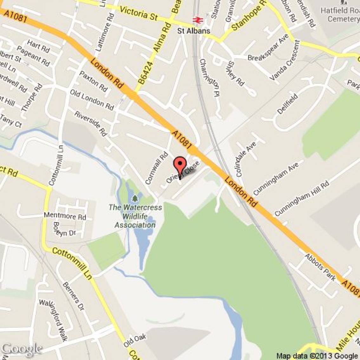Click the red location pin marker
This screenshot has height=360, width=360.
(x=180, y=165)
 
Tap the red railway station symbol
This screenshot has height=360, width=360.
(x=197, y=20)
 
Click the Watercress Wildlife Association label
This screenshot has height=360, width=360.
(x=135, y=216)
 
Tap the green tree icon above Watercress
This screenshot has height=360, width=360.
(x=135, y=199)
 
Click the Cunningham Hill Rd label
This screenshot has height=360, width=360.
(x=302, y=199)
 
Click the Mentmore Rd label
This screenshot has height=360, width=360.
(x=65, y=216)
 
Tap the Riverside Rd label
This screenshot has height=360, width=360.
(x=90, y=123)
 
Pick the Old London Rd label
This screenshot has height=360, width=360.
(x=92, y=100)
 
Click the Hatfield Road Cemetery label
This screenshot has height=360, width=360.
(x=340, y=15)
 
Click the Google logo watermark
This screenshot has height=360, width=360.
(x=21, y=349)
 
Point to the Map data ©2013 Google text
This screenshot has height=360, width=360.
(x=317, y=356)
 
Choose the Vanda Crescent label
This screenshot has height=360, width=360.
(x=285, y=61)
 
